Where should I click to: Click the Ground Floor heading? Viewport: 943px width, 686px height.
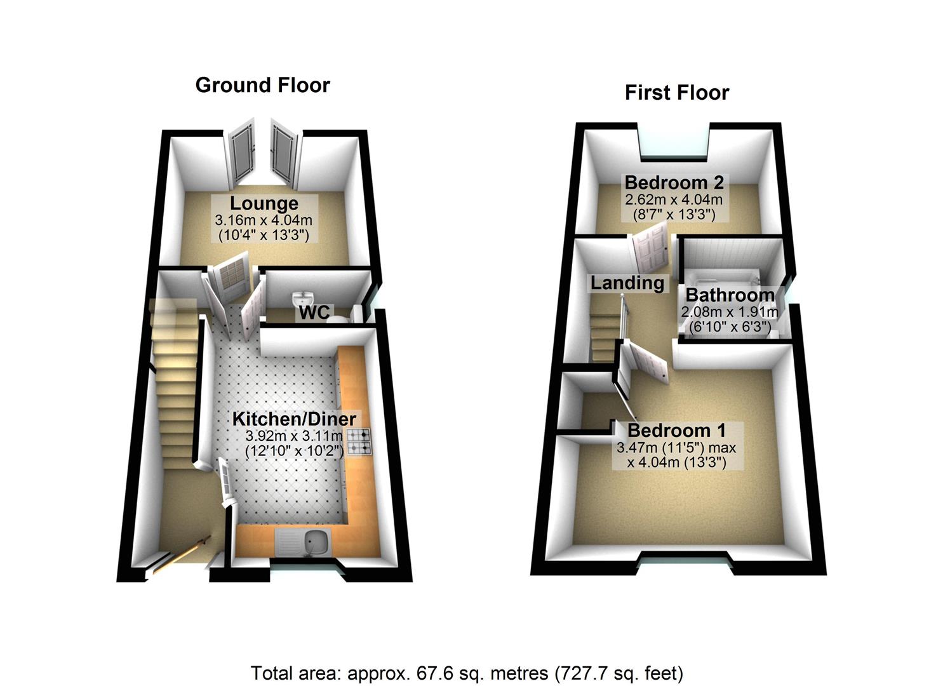pyautogui.click(x=262, y=85)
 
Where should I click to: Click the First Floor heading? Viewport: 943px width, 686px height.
pyautogui.click(x=676, y=93)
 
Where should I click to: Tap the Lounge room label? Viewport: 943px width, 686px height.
pyautogui.click(x=264, y=204)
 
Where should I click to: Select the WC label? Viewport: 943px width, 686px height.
pyautogui.click(x=314, y=312)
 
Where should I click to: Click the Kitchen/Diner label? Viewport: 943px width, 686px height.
pyautogui.click(x=293, y=419)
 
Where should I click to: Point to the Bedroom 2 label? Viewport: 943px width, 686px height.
pyautogui.click(x=674, y=183)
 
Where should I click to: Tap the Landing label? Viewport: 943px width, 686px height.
pyautogui.click(x=627, y=283)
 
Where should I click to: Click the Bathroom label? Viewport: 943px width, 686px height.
pyautogui.click(x=730, y=295)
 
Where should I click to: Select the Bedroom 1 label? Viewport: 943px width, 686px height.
pyautogui.click(x=676, y=430)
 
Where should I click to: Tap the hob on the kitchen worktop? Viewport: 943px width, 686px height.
pyautogui.click(x=359, y=441)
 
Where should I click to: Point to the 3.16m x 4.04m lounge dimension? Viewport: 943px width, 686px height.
pyautogui.click(x=264, y=220)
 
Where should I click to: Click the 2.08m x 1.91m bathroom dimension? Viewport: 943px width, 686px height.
pyautogui.click(x=729, y=312)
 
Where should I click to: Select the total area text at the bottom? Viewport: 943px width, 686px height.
pyautogui.click(x=467, y=673)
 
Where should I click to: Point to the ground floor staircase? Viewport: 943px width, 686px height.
pyautogui.click(x=173, y=394)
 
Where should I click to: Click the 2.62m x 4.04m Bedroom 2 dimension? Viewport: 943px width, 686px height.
pyautogui.click(x=674, y=199)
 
